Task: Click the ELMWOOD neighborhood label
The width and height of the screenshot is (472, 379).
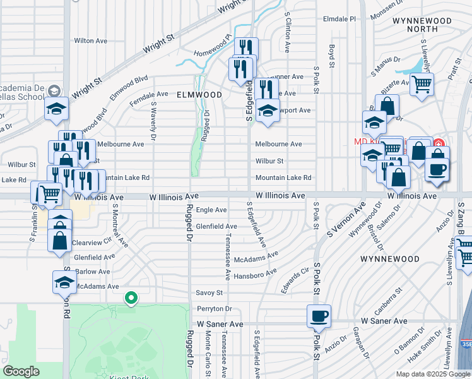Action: coord(199,95)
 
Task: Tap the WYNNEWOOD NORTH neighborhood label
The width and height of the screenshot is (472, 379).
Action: coord(422,25)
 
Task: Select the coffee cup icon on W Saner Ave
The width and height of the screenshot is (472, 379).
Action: coord(319,315)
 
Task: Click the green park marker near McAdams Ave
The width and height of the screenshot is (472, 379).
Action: coord(131,297)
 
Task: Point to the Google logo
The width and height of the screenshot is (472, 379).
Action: coord(21,371)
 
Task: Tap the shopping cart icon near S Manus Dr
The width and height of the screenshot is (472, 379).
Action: coord(421,83)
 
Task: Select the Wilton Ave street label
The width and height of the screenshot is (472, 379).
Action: coord(90,40)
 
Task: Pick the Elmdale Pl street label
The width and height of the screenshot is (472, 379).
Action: coord(339,19)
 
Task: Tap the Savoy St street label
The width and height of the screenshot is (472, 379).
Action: coord(209,293)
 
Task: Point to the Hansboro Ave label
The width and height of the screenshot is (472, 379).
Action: coord(256,275)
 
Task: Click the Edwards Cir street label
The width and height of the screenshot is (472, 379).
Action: coord(296,276)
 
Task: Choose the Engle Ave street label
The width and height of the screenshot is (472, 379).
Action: coord(211,210)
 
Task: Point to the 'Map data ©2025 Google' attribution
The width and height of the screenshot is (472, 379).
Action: coord(433,374)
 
